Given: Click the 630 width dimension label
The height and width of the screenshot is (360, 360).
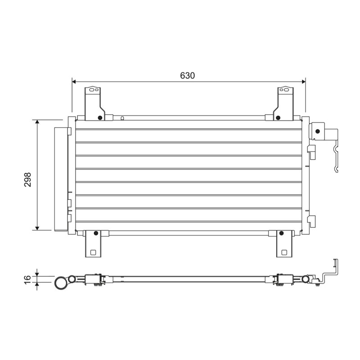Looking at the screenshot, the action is pyautogui.click(x=187, y=76).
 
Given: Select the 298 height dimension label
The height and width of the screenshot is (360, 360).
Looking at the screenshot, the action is pyautogui.click(x=27, y=179).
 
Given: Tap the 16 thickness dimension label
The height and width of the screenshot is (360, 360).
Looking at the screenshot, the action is pyautogui.click(x=27, y=279).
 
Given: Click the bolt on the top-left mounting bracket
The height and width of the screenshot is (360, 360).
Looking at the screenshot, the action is pyautogui.click(x=99, y=118).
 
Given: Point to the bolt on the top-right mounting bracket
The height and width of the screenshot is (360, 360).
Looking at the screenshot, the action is pyautogui.click(x=278, y=118).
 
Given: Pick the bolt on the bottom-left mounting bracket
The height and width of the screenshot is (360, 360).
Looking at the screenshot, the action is pyautogui.click(x=96, y=233).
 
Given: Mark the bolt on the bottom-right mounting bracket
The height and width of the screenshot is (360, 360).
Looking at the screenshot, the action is pyautogui.click(x=281, y=233).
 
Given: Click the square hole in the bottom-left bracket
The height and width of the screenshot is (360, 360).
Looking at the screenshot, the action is pyautogui.click(x=93, y=252).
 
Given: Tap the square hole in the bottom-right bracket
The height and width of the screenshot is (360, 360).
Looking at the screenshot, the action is pyautogui.click(x=284, y=252).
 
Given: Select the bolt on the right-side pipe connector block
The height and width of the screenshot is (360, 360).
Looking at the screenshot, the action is pyautogui.click(x=318, y=131).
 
